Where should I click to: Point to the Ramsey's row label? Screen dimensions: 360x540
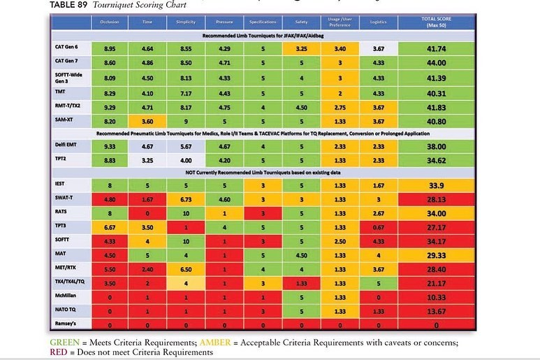[x=66, y=324]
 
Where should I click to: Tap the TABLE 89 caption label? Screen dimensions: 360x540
[x=71, y=4]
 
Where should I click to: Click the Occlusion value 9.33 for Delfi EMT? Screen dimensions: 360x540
[x=110, y=147]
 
